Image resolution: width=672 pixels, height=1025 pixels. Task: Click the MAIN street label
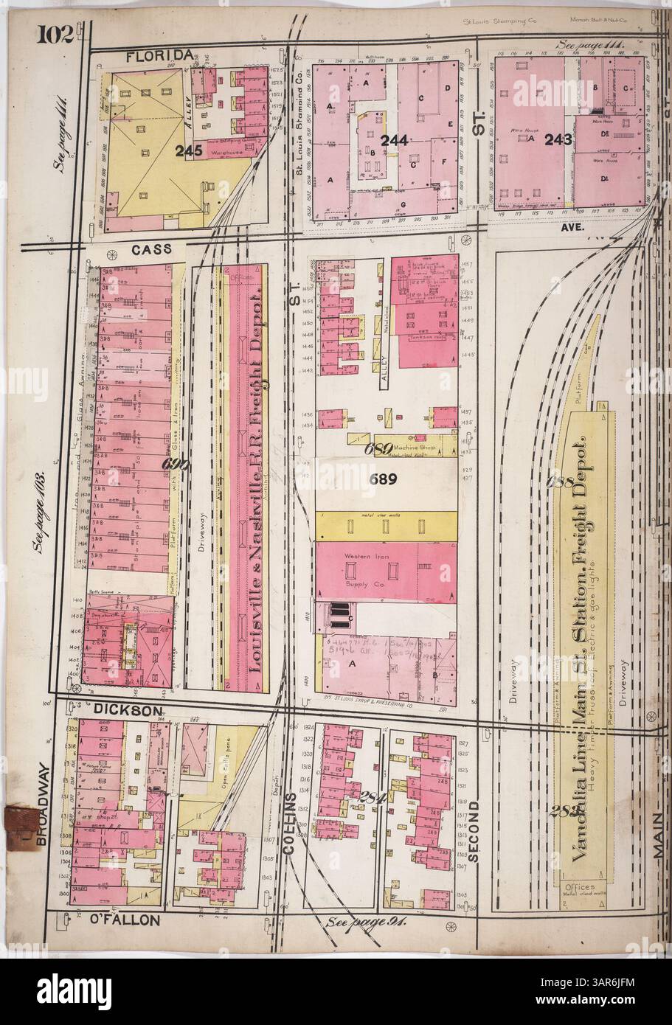(x=656, y=836)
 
